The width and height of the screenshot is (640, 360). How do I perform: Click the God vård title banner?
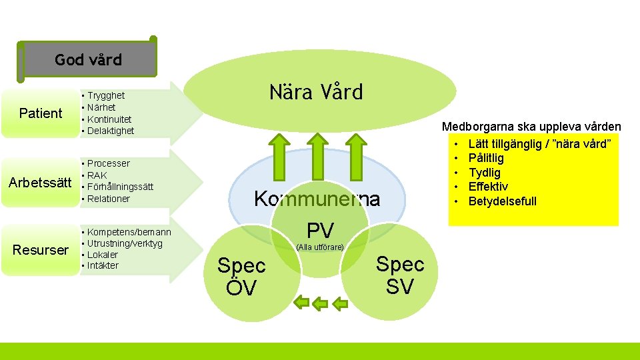(89, 60)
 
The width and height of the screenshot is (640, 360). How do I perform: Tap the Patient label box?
(41, 113)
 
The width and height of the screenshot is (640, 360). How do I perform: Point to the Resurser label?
(41, 250)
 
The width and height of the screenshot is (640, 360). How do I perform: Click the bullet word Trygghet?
(106, 95)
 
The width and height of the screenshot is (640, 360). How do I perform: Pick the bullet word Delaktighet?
(111, 131)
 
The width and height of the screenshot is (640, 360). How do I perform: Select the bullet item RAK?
(97, 175)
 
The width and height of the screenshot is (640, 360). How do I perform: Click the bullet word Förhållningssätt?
(120, 187)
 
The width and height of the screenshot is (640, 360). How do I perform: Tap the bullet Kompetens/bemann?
(129, 232)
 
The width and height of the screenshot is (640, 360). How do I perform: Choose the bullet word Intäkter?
(103, 265)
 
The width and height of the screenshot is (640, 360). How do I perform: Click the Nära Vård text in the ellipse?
(316, 92)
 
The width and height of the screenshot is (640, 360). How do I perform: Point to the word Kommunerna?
(317, 199)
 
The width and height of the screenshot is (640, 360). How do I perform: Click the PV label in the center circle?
(320, 231)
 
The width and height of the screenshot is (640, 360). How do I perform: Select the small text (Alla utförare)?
(320, 247)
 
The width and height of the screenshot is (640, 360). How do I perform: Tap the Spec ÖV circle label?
(241, 277)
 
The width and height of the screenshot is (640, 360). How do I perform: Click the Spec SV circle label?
(400, 275)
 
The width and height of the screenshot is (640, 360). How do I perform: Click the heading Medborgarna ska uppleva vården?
(531, 127)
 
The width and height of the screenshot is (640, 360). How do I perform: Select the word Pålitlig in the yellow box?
(486, 158)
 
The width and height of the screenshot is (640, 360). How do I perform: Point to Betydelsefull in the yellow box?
(502, 201)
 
